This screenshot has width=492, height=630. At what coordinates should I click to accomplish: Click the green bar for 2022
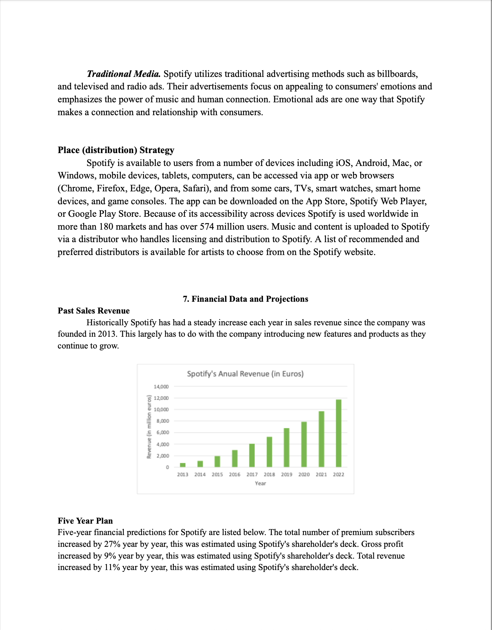click(x=338, y=433)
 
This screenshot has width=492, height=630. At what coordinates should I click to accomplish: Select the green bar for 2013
click(x=183, y=465)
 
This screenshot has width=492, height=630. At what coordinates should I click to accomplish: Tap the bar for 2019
click(x=287, y=447)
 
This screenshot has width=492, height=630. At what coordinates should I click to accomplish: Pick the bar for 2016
click(x=235, y=459)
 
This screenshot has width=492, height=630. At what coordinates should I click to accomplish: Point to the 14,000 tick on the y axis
click(x=161, y=387)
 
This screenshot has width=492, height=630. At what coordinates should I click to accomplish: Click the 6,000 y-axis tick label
click(x=162, y=433)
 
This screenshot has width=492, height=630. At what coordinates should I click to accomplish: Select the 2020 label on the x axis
click(x=304, y=475)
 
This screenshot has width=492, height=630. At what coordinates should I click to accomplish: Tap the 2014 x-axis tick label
click(x=200, y=475)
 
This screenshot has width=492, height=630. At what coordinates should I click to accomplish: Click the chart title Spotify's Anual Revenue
click(x=245, y=374)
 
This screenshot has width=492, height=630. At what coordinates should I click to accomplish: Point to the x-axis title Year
click(x=260, y=484)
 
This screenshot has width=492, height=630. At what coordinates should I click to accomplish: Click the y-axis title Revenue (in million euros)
click(x=149, y=427)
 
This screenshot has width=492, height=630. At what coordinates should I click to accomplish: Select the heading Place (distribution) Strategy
click(x=116, y=150)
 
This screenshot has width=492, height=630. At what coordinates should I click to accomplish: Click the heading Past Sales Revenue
click(x=94, y=311)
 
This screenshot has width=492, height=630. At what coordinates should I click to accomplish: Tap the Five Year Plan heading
click(x=85, y=521)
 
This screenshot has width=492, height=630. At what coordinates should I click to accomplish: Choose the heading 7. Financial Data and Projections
click(x=246, y=299)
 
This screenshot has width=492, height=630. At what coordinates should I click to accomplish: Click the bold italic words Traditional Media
click(x=123, y=74)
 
